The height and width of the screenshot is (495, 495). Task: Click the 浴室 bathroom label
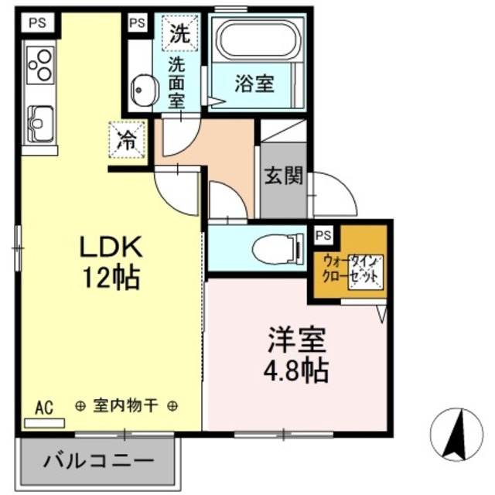tap(255, 83)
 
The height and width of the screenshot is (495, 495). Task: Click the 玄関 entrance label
tap(284, 176)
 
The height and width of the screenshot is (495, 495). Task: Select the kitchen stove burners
tap(40, 65)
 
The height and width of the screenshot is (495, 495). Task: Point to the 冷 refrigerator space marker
tap(125, 142)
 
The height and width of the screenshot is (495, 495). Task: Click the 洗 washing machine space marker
tap(179, 33)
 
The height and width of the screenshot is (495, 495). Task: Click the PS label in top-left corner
tap(37, 22)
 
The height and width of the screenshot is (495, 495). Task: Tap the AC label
tap(43, 408)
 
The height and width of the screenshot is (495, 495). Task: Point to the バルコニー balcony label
tap(98, 463)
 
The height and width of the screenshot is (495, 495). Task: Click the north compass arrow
tap(454, 430)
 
